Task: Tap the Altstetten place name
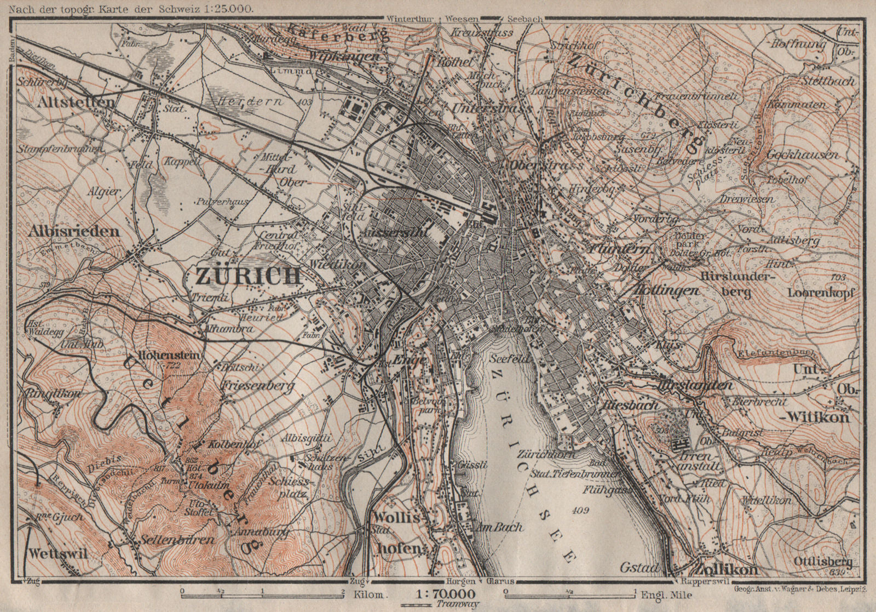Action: click(77, 102)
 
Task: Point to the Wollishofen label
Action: click(395, 531)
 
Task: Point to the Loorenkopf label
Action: click(821, 293)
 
